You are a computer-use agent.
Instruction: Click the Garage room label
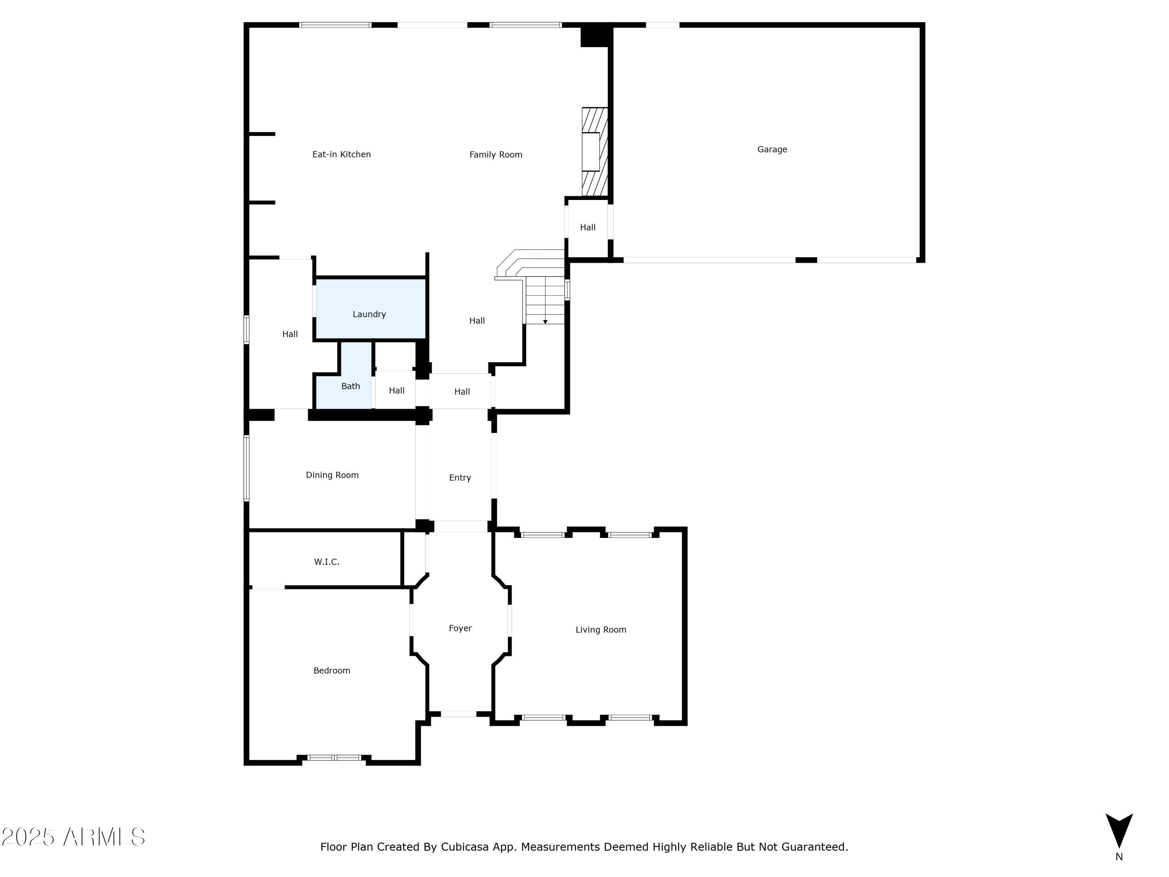tap(772, 150)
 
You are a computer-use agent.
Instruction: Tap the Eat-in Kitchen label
tap(341, 154)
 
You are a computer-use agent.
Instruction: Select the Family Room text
tap(495, 155)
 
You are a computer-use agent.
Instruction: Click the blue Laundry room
tap(370, 309)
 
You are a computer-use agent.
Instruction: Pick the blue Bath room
tap(350, 386)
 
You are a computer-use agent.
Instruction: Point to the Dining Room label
tap(332, 475)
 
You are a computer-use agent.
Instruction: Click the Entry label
tap(460, 478)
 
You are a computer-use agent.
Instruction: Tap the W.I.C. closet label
tap(327, 562)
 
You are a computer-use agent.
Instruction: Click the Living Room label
tap(600, 629)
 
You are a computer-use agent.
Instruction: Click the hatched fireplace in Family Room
tap(595, 151)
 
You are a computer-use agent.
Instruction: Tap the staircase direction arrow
tap(545, 322)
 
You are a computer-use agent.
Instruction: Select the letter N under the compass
tap(1118, 857)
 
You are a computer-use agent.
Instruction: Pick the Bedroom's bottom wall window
tap(334, 757)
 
